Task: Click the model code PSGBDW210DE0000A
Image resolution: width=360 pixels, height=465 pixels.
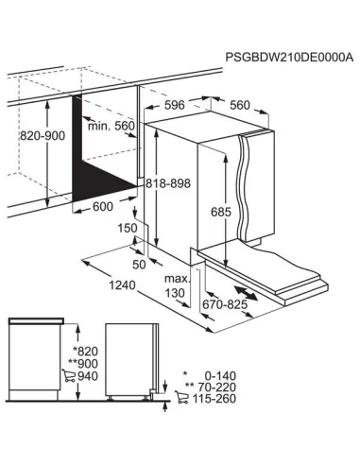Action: (x=288, y=58)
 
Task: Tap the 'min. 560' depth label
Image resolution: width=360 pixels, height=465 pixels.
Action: (x=111, y=125)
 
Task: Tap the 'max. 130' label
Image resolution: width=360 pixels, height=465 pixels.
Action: (x=178, y=286)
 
